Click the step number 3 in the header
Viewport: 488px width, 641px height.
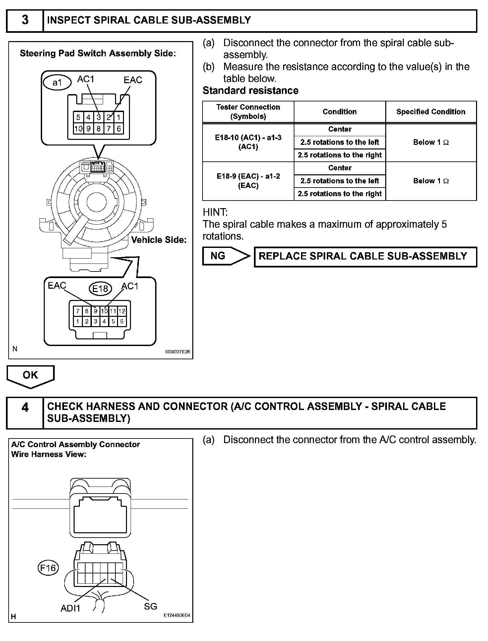click(25, 20)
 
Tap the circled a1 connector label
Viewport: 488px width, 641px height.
click(57, 83)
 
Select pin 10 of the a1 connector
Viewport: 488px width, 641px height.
click(78, 129)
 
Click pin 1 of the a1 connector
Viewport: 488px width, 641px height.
click(119, 117)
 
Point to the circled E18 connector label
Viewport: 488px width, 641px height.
click(100, 289)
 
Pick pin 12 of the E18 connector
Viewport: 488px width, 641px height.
click(122, 311)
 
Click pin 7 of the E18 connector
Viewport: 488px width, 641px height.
click(78, 311)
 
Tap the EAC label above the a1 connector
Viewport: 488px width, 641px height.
click(133, 80)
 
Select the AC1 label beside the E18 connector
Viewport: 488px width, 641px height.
click(130, 286)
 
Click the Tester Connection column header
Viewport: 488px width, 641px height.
click(248, 112)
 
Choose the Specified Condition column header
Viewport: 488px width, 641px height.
click(431, 112)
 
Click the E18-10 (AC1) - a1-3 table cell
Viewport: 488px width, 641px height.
click(248, 142)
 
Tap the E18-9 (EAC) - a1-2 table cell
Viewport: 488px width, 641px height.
click(248, 181)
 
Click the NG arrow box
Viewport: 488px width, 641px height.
click(225, 256)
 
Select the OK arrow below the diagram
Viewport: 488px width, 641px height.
click(30, 376)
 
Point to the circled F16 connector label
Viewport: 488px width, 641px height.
click(48, 568)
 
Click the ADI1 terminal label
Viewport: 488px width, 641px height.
click(70, 608)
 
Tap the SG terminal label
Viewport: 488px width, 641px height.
click(150, 606)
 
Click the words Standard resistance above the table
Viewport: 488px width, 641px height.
click(250, 90)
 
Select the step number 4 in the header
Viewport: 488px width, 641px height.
click(25, 407)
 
